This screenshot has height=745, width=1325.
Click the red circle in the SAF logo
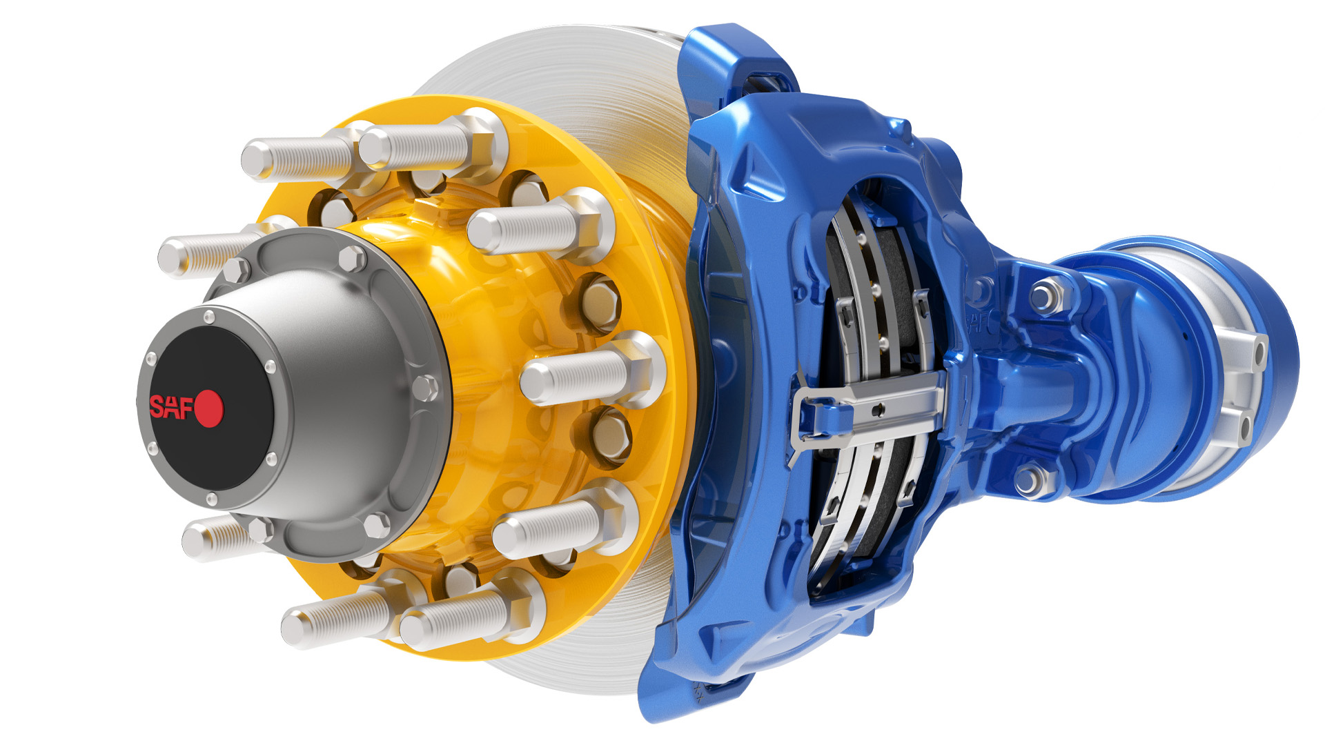click(x=209, y=408)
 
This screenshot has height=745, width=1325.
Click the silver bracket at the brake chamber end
click(x=1242, y=386)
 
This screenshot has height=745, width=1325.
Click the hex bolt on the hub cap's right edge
click(x=425, y=388)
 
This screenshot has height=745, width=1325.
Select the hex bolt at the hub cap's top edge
click(x=352, y=259)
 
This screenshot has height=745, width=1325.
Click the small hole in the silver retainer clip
click(x=878, y=410)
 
